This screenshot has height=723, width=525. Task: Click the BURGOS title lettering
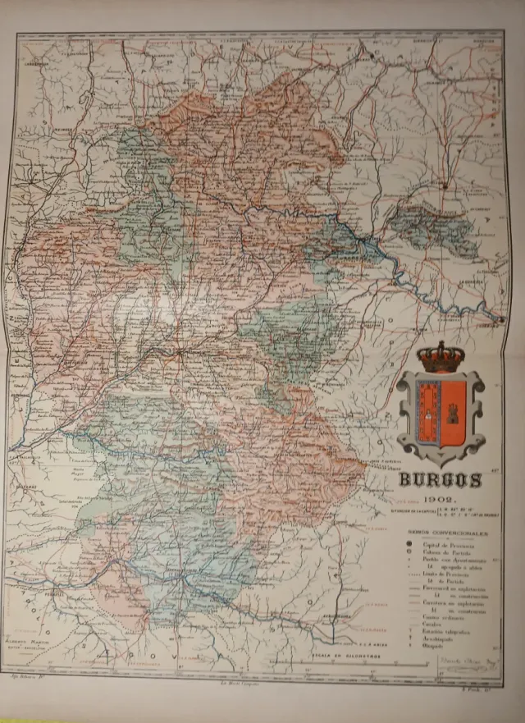pyautogui.click(x=441, y=480)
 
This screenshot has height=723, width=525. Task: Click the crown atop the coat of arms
pyautogui.click(x=440, y=356)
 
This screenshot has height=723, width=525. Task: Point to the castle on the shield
pyautogui.click(x=451, y=407)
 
